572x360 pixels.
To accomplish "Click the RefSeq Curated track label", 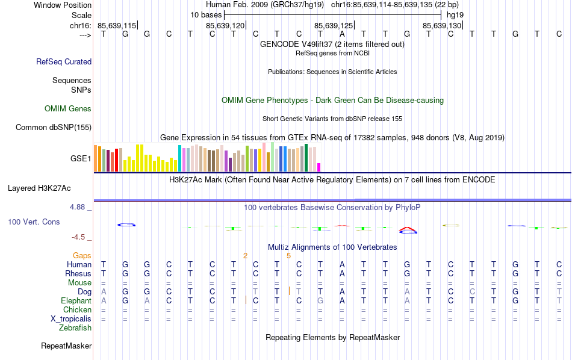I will click(x=64, y=61).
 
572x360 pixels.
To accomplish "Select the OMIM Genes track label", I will click(x=68, y=109).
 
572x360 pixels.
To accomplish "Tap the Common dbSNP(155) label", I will click(x=54, y=127).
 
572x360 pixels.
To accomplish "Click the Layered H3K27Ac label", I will click(x=49, y=188).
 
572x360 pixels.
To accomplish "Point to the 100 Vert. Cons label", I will click(x=34, y=222).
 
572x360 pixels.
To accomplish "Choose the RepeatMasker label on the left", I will click(x=66, y=346).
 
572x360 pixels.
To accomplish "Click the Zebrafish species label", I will click(x=75, y=328).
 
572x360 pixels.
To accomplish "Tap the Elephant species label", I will click(x=76, y=300).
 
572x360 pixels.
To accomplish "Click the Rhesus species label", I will click(x=78, y=273).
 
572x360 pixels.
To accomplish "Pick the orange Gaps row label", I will click(x=82, y=256).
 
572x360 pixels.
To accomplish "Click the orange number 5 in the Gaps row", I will click(x=289, y=256).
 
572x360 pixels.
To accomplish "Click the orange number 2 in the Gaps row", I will click(x=245, y=256).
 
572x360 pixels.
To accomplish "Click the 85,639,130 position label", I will click(x=443, y=25).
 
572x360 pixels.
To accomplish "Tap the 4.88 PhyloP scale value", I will click(x=78, y=207).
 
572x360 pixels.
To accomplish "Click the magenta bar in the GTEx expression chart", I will click(x=319, y=167).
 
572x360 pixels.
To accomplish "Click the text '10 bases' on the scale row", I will click(x=206, y=14).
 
